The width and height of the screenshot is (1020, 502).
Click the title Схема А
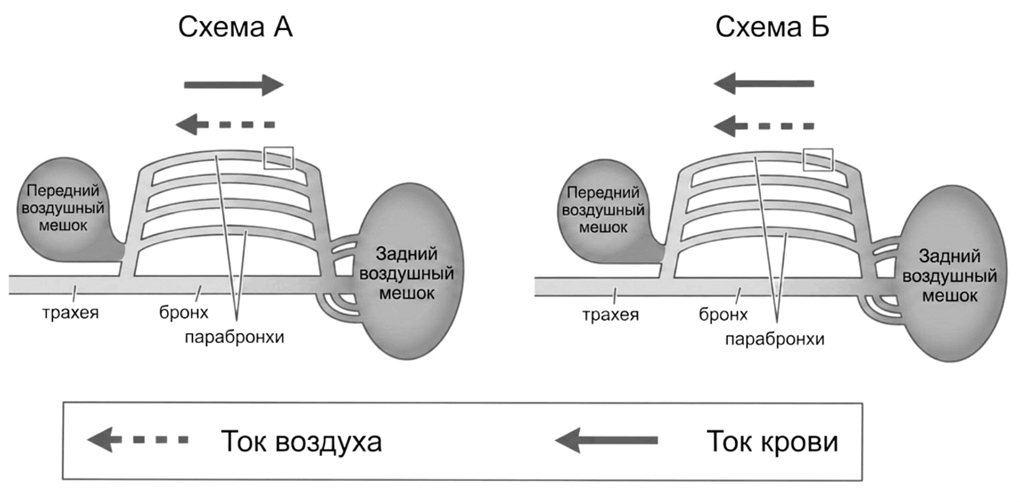coord(235,26)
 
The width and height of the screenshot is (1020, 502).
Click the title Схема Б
coord(772,26)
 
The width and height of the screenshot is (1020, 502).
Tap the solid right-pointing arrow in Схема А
coord(234,85)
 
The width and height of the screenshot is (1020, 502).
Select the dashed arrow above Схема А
coord(225,124)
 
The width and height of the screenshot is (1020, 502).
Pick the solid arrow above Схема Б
coord(764,84)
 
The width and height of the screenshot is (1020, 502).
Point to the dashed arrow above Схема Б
coord(764,126)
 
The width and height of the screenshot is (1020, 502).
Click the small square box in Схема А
coord(279,158)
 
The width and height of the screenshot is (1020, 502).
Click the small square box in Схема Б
coord(818,160)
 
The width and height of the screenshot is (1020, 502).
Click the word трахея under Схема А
coord(71,313)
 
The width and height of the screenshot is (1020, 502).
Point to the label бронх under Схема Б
coord(723,315)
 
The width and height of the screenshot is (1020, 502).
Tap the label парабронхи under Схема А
coord(235,338)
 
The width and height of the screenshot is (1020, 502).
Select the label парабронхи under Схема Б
coord(775,340)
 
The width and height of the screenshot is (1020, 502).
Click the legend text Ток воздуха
coord(301,442)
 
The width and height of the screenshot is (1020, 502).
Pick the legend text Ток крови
coord(772,442)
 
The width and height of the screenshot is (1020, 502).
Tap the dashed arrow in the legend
coord(137,440)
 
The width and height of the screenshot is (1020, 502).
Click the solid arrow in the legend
coord(606,440)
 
